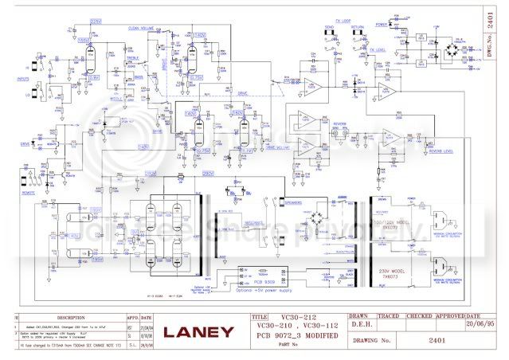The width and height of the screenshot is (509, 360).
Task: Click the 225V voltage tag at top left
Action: coord(96,21)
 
